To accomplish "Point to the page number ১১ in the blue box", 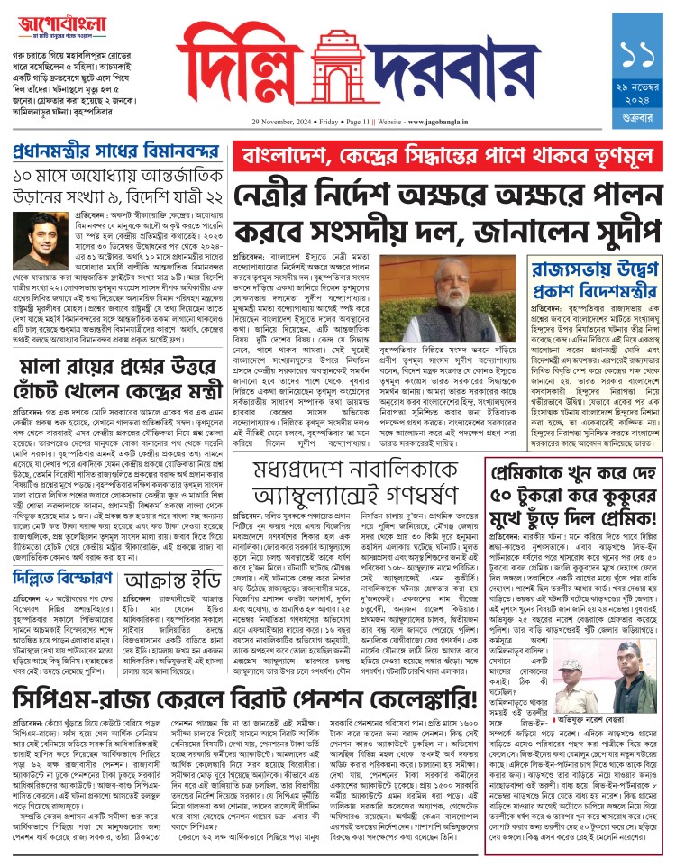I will (x=643, y=56).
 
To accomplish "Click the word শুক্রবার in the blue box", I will (x=643, y=141).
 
